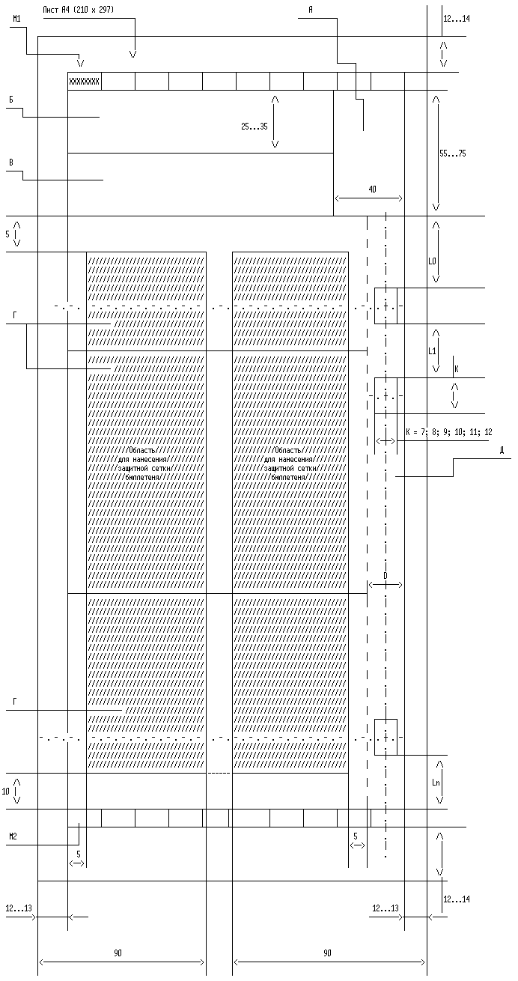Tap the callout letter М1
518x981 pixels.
pos(16,19)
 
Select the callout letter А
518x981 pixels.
pos(310,9)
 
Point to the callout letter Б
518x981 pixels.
pos(10,99)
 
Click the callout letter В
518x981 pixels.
pos(10,162)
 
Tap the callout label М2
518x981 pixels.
pos(13,836)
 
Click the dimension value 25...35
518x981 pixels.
pos(255,127)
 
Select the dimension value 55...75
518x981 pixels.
pos(452,154)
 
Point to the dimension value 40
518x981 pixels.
pos(372,190)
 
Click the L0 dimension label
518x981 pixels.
pos(432,262)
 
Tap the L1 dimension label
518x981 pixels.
pos(432,350)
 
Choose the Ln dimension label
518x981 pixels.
pos(436,783)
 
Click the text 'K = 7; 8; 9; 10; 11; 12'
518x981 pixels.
pos(448,432)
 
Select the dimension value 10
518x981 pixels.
pos(6,791)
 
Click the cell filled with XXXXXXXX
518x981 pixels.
pos(84,81)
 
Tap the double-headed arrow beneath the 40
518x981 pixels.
pos(368,198)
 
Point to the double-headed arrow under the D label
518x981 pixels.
pos(385,585)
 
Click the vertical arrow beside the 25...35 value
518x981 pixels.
pos(275,121)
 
